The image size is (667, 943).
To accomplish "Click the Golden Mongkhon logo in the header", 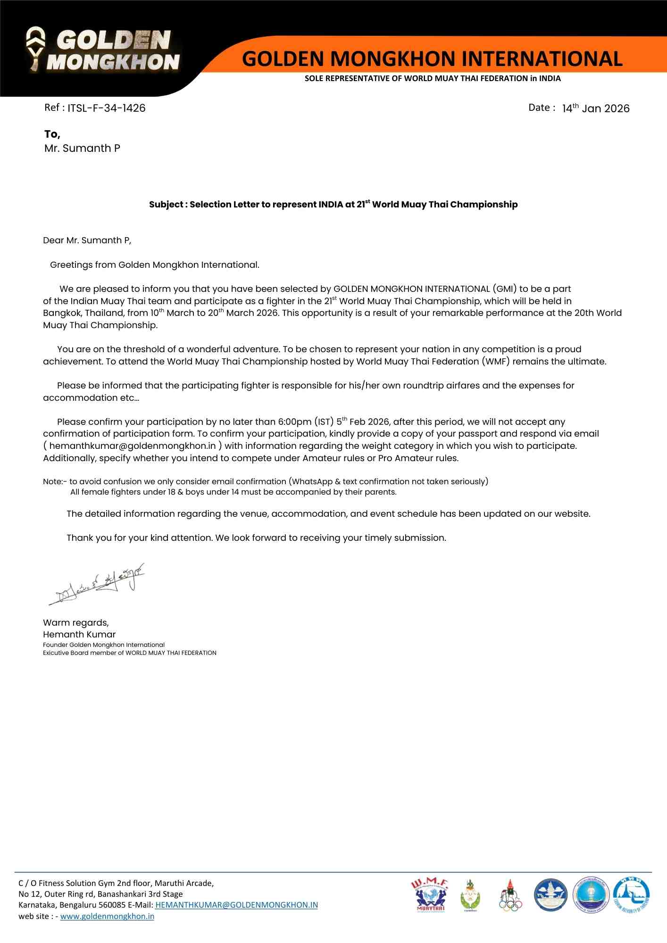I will click(103, 50).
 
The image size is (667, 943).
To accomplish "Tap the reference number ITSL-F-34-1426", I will click(106, 108).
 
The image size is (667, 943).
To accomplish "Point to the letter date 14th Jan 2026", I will click(595, 108).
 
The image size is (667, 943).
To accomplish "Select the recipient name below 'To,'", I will click(82, 148).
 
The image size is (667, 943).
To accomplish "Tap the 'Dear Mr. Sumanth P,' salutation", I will click(87, 240).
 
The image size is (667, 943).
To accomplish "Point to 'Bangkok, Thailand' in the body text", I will click(83, 313).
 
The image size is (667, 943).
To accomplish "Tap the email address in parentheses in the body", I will click(133, 446).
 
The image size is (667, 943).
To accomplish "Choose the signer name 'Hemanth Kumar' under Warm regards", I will click(79, 635).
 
